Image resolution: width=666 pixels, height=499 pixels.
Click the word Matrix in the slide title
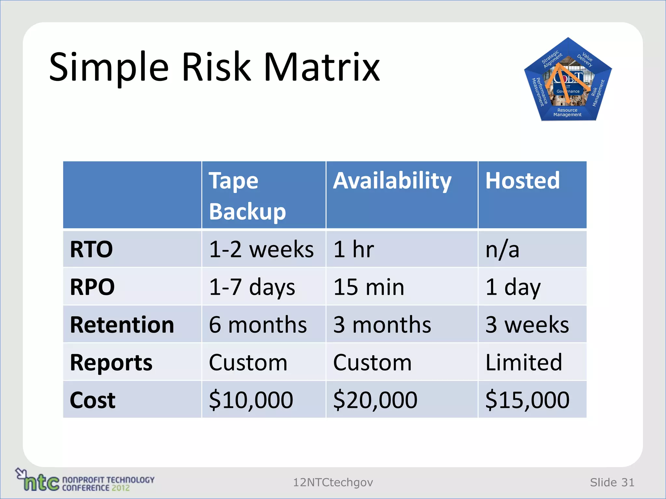[x=321, y=67]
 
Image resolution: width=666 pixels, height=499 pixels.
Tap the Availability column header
[x=392, y=181]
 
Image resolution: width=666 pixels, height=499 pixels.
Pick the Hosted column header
[x=522, y=181]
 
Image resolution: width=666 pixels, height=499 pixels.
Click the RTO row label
[x=91, y=249]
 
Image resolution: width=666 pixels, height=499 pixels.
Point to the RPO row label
[x=92, y=287]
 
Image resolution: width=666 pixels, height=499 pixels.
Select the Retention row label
[x=122, y=325]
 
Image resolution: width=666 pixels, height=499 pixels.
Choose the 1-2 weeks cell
[x=261, y=249]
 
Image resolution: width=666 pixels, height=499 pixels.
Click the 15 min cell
[x=369, y=287]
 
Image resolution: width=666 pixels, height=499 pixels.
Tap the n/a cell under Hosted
[x=502, y=249]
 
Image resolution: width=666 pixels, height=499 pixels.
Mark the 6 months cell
[x=258, y=325]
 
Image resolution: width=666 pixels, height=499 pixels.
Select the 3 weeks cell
[x=527, y=325]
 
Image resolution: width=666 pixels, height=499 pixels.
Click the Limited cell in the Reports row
[x=524, y=363]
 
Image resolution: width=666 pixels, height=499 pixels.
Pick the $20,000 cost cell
[x=375, y=400]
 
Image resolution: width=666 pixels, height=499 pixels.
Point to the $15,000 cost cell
[x=527, y=400]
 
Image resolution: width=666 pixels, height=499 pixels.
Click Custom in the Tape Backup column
[x=248, y=363]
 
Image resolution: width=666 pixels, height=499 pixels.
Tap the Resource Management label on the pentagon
[x=567, y=112]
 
